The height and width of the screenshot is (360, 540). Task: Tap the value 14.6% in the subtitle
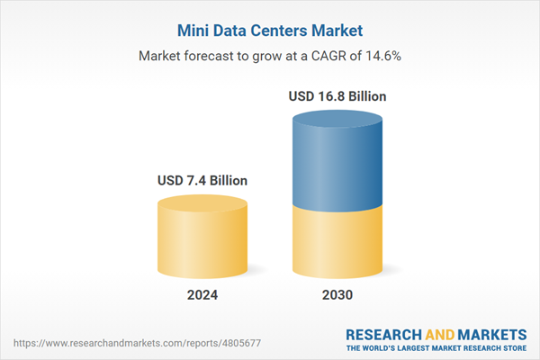(x=383, y=55)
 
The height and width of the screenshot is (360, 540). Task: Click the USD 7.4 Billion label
(x=202, y=181)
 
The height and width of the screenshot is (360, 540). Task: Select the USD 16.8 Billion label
(x=339, y=95)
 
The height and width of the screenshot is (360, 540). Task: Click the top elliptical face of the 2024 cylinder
(x=202, y=203)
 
